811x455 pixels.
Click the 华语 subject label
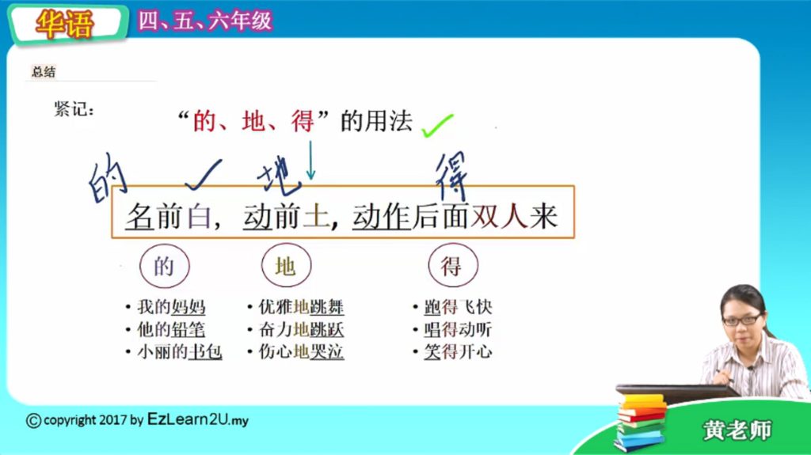(65, 24)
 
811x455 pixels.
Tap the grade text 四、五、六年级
(205, 21)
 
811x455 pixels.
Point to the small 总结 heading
(44, 71)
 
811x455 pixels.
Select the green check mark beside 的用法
(437, 126)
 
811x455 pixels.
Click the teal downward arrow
(310, 161)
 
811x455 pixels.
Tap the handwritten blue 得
(451, 176)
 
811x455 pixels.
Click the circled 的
(165, 266)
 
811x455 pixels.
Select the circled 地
(286, 265)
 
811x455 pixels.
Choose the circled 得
(453, 265)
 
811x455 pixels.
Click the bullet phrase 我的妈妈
(171, 306)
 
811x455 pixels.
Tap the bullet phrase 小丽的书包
(180, 351)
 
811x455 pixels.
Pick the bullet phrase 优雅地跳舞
(301, 306)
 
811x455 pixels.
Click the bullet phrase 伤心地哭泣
(301, 351)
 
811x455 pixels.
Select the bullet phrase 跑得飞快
(458, 306)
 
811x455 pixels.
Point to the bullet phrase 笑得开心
(458, 351)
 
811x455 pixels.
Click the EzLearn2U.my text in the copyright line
(197, 419)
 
